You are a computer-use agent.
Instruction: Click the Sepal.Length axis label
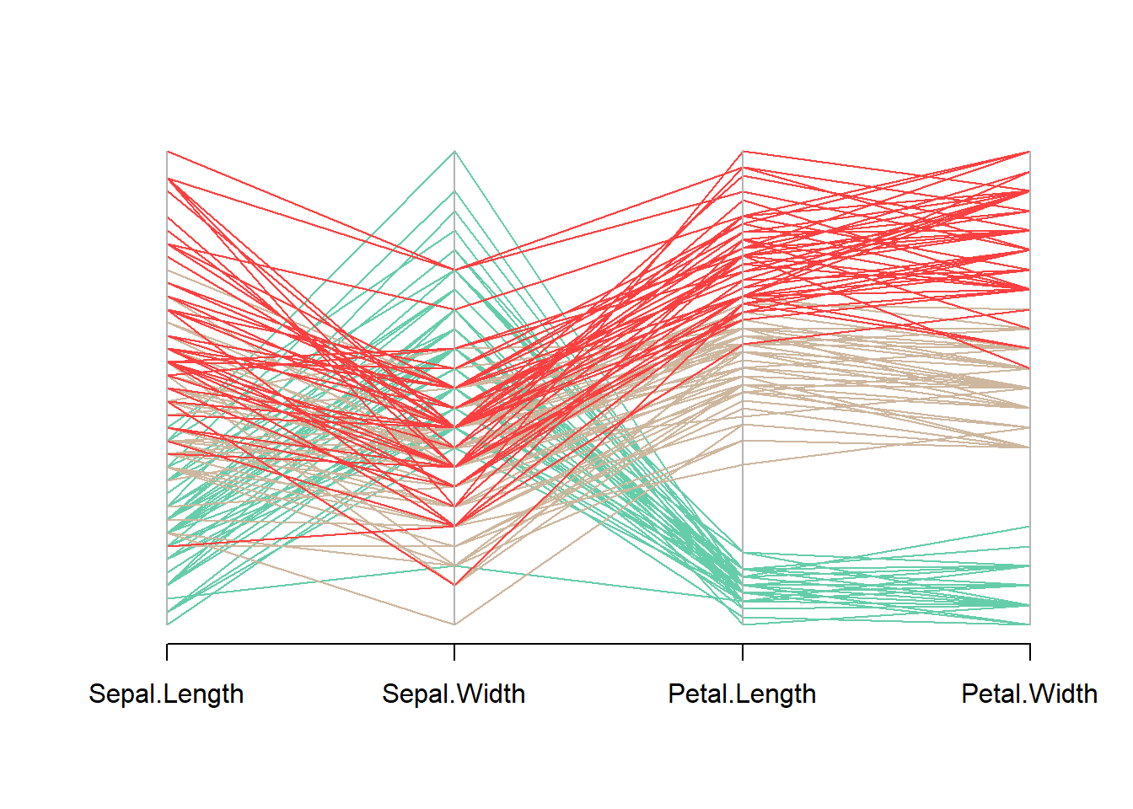166,694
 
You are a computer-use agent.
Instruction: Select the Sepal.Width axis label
454,694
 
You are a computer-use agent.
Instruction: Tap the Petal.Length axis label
742,694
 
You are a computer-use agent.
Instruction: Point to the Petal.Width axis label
1029,694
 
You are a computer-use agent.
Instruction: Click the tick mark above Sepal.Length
167,652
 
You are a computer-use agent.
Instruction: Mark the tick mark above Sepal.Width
455,652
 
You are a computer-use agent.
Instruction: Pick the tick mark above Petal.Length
743,652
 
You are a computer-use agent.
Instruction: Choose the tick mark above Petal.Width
1030,652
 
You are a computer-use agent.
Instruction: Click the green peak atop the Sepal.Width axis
455,152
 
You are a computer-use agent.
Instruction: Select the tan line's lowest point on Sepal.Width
455,624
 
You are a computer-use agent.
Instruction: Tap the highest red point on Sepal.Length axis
167,152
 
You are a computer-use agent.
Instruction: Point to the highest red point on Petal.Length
743,152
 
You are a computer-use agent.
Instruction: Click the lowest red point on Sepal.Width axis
455,585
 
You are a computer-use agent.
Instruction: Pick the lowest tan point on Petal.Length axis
743,464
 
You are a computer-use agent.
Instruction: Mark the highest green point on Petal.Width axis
1030,527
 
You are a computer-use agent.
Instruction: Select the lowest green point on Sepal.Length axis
167,624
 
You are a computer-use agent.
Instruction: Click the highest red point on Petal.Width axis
1030,152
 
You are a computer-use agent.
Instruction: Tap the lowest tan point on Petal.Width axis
1030,447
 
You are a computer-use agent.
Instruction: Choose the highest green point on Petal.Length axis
743,553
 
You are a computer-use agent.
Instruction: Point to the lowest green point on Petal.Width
1030,624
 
